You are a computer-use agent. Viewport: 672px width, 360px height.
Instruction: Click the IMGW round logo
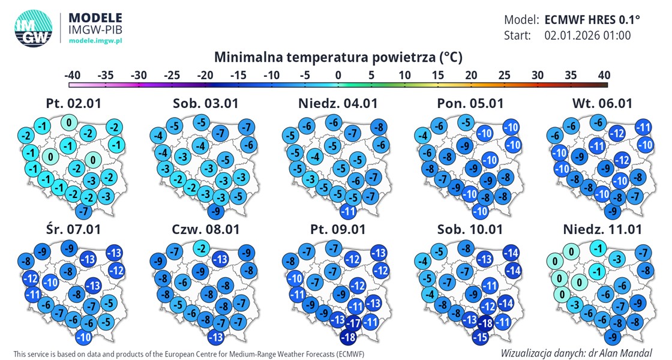click(x=34, y=28)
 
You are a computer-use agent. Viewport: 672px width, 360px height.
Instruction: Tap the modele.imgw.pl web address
click(x=96, y=40)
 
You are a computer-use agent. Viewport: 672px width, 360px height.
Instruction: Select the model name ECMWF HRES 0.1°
click(x=592, y=19)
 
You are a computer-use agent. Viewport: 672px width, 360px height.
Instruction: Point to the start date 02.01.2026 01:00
click(x=587, y=35)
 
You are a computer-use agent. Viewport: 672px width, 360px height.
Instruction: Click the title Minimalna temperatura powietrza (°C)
click(x=338, y=58)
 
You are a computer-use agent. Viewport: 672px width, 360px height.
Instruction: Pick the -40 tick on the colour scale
click(x=73, y=75)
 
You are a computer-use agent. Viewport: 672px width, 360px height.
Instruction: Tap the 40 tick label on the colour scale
click(x=604, y=75)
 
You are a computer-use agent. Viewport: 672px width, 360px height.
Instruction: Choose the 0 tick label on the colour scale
click(x=338, y=75)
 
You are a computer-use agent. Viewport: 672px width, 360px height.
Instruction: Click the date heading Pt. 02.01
click(x=73, y=103)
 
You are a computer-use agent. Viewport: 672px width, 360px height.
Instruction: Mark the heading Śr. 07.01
click(x=73, y=229)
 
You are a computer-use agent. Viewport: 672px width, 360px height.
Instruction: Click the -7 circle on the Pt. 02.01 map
click(x=84, y=211)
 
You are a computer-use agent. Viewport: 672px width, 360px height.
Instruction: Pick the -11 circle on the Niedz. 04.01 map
click(x=349, y=211)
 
